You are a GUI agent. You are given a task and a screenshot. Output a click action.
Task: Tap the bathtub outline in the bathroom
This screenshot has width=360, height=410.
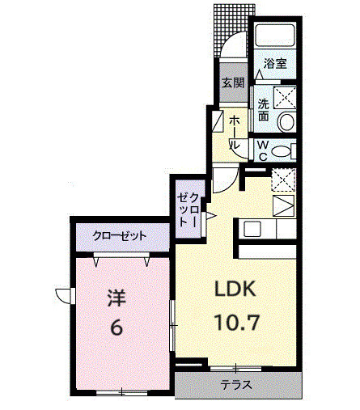pos(274,36)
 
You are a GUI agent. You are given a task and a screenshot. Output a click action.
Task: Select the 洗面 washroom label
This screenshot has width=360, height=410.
pos(263,109)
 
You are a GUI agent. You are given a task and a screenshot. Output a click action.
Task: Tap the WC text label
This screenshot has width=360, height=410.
pos(262,150)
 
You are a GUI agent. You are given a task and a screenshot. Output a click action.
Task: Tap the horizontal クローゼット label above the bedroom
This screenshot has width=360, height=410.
pos(120,236)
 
